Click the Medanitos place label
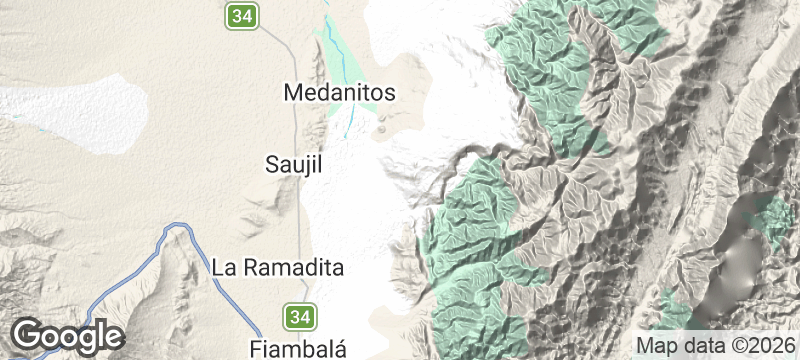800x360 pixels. [x=340, y=93]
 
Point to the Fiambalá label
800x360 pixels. [x=297, y=348]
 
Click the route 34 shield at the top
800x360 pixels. [x=241, y=15]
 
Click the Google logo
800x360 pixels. [x=67, y=335]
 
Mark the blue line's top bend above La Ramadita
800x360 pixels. [x=178, y=229]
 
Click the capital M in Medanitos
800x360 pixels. [x=293, y=93]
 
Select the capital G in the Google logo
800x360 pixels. [x=28, y=335]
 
